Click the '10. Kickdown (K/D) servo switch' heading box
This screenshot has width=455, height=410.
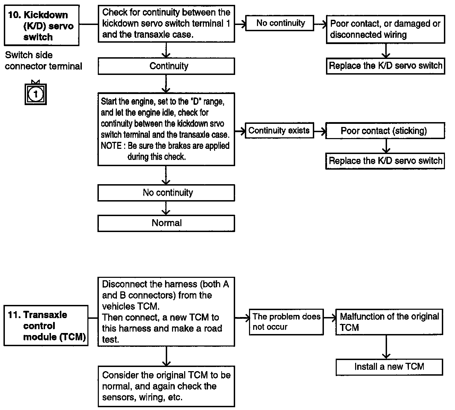[x=42, y=25]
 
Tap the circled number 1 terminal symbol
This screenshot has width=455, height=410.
[x=36, y=94]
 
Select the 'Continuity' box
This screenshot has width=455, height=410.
[x=166, y=66]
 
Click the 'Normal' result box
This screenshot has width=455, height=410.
[x=166, y=223]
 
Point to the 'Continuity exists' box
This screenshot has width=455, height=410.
[x=280, y=130]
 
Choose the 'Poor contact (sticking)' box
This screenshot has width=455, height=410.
[x=385, y=131]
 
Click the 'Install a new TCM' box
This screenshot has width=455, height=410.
[x=389, y=367]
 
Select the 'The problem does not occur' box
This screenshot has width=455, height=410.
[x=286, y=322]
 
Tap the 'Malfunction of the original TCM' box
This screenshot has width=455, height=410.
[x=389, y=322]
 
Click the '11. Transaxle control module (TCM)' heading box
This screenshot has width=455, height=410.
[x=46, y=326]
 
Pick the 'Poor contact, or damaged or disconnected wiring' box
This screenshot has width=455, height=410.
[x=386, y=29]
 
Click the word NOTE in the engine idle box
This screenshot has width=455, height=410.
[x=111, y=146]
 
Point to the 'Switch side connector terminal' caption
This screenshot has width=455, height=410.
[x=43, y=61]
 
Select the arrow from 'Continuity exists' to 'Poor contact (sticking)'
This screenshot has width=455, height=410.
[x=320, y=131]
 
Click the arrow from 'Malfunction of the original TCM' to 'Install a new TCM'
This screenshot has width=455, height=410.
[x=386, y=347]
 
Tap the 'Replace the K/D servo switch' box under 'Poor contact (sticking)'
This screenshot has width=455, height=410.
[x=385, y=161]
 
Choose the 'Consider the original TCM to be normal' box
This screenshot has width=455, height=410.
[x=166, y=386]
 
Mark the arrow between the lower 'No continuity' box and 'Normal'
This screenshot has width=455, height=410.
[x=166, y=208]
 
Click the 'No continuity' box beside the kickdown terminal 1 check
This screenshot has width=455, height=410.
[x=280, y=23]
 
